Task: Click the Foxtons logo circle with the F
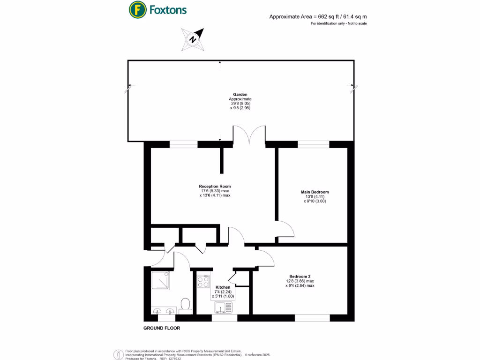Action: click(137, 9)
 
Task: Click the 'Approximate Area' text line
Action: click(318, 16)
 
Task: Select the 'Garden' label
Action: click(241, 94)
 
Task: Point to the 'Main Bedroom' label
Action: click(315, 192)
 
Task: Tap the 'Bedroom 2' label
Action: click(300, 277)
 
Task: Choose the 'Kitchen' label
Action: click(223, 287)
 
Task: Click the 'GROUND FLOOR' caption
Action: click(161, 328)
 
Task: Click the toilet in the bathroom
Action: click(185, 305)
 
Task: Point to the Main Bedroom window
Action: click(313, 145)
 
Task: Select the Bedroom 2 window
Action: click(312, 317)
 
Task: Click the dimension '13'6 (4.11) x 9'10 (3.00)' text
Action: click(315, 199)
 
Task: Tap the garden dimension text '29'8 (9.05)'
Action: click(240, 104)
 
